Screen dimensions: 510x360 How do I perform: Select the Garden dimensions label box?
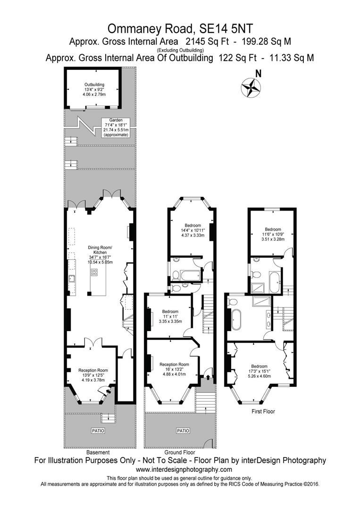coord(116,127)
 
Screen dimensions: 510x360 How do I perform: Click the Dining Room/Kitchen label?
coord(100,255)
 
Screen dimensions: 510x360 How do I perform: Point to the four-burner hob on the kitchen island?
coord(94,272)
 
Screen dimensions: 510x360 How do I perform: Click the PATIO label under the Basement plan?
coord(98,431)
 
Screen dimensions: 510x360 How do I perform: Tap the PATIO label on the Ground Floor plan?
coord(183,431)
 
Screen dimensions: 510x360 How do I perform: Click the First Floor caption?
coord(263,411)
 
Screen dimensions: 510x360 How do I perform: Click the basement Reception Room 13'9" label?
coord(93,375)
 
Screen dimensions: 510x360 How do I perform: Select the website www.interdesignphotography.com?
coord(184,469)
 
